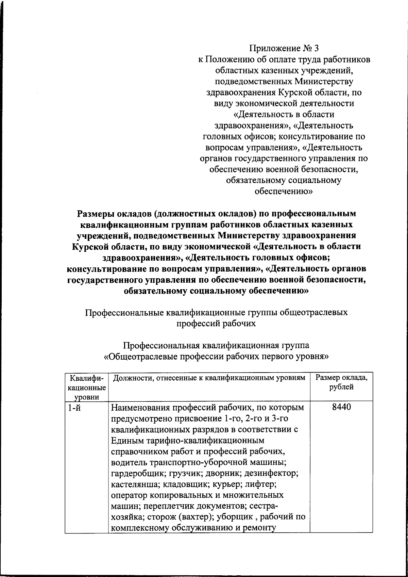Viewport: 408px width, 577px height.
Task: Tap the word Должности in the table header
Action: (x=131, y=377)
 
